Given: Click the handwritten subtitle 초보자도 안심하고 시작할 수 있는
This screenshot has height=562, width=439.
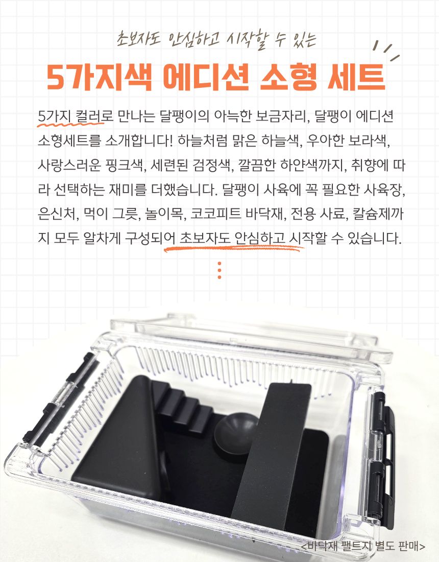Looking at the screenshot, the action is [216, 40].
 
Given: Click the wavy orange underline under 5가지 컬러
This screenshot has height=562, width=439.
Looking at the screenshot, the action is [70, 124].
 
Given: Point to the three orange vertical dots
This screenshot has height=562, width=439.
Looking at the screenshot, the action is [219, 270].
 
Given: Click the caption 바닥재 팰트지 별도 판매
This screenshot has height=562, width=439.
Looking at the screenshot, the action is [363, 546].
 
